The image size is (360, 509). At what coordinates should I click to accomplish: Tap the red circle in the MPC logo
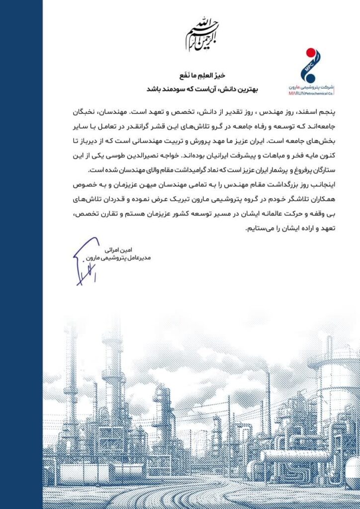(x=310, y=53)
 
